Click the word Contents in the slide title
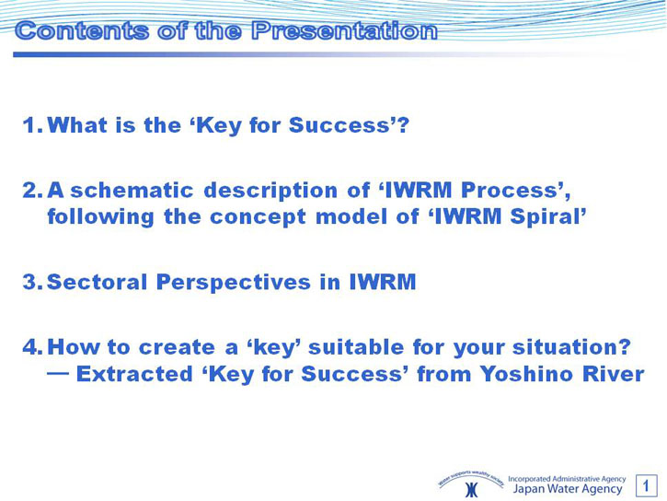click(82, 30)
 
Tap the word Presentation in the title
click(344, 30)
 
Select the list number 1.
click(33, 125)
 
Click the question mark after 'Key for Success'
click(403, 124)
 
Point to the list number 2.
click(33, 191)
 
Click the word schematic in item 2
click(132, 190)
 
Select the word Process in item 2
click(509, 190)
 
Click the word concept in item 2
click(258, 217)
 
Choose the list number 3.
click(33, 282)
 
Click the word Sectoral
click(97, 282)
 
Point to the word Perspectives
click(234, 283)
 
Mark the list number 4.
click(33, 347)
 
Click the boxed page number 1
click(646, 485)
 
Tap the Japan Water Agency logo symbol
click(471, 490)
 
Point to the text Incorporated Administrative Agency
click(567, 479)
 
